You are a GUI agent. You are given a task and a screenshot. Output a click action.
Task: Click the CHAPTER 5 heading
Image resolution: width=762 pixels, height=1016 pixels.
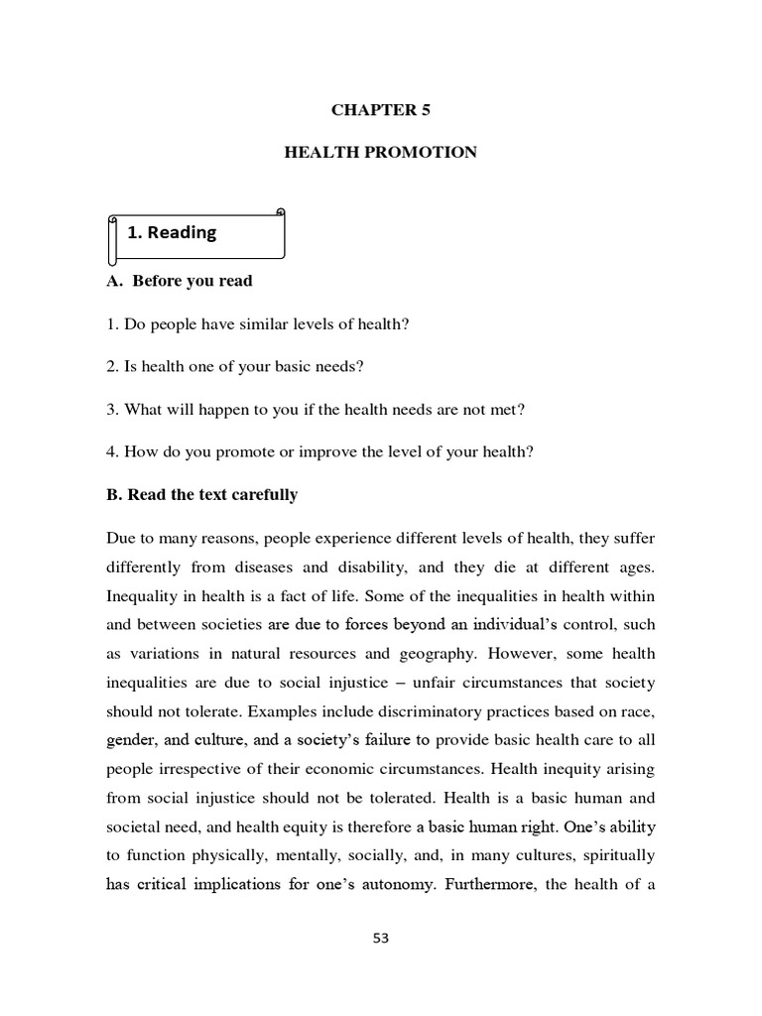pyautogui.click(x=381, y=110)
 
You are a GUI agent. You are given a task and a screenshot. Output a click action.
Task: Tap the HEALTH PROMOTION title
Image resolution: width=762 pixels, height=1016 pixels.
pyautogui.click(x=381, y=152)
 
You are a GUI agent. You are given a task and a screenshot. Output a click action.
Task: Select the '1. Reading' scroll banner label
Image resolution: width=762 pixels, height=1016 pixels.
pyautogui.click(x=172, y=232)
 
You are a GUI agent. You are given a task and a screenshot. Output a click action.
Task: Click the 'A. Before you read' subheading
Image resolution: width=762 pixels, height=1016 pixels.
pyautogui.click(x=179, y=281)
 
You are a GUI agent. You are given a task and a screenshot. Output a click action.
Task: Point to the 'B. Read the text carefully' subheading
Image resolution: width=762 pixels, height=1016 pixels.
pyautogui.click(x=201, y=494)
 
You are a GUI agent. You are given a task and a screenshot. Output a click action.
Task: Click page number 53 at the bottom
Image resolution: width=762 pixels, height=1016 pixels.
pyautogui.click(x=381, y=939)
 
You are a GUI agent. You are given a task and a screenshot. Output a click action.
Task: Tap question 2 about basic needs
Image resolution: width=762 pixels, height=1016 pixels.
pyautogui.click(x=234, y=366)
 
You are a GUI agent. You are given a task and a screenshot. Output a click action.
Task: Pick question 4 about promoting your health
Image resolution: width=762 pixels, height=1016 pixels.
pyautogui.click(x=319, y=451)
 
